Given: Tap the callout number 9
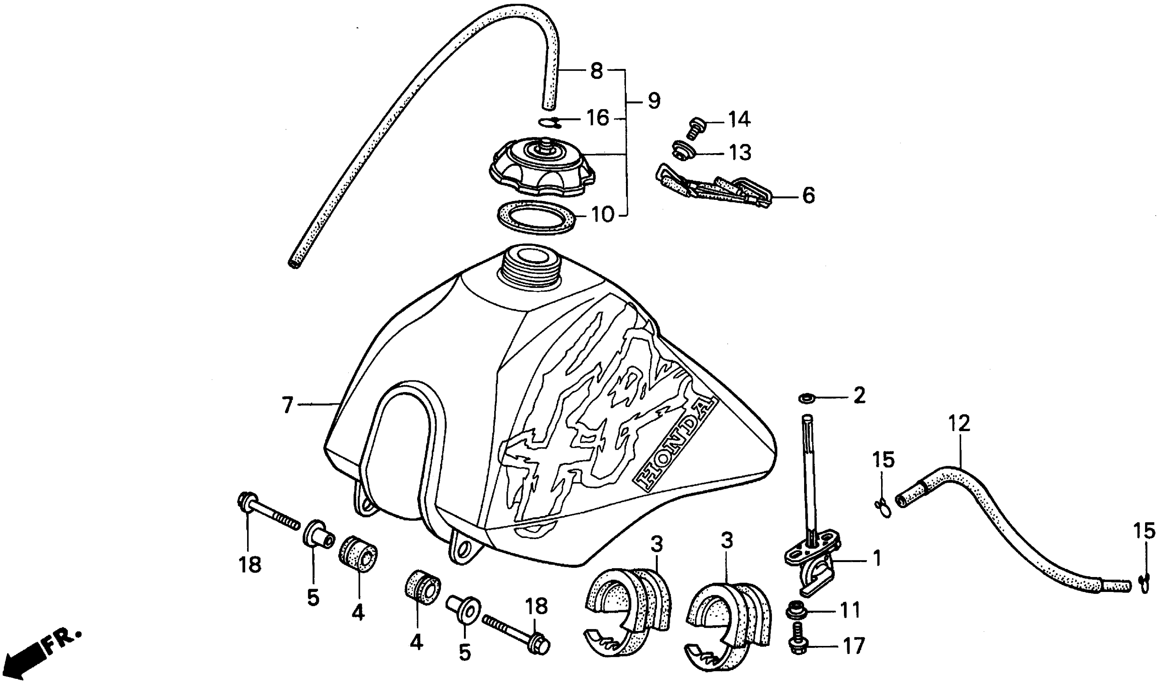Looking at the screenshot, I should coord(654,101).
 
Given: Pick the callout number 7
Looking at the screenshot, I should coord(287,406).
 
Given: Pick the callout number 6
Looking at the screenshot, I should coord(808,196).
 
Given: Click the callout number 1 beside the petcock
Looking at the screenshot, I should coord(877,558).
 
